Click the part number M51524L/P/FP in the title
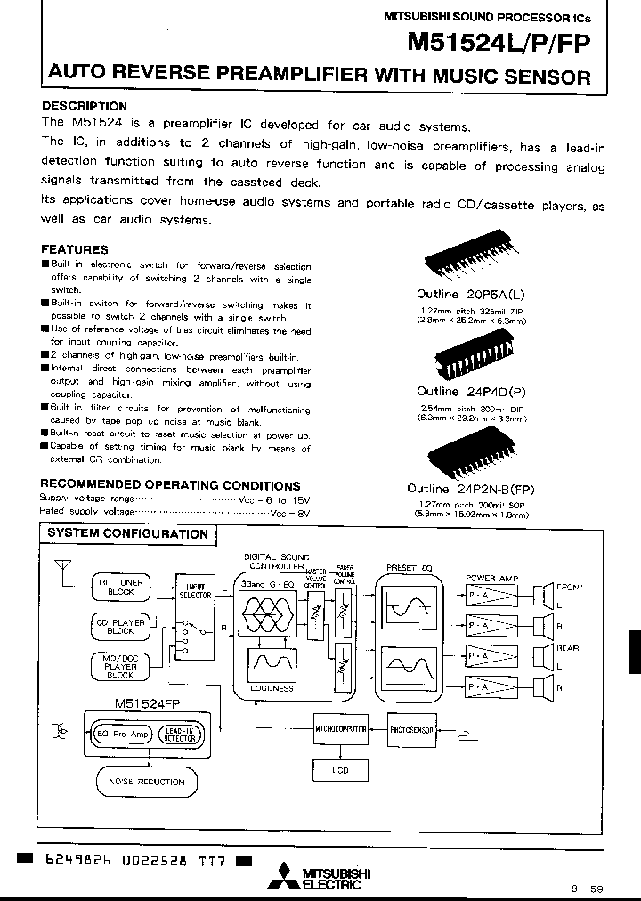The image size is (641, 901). click(498, 45)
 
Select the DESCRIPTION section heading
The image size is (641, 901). click(85, 106)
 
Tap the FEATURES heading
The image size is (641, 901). click(75, 250)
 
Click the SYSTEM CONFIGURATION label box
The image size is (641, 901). click(126, 534)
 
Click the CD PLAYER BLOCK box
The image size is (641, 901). click(120, 627)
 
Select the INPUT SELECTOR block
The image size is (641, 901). click(194, 623)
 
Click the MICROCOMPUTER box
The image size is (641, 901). click(340, 729)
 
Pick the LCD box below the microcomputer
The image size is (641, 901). click(340, 770)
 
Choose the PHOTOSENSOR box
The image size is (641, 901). click(410, 729)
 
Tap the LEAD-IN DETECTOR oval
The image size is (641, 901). click(179, 734)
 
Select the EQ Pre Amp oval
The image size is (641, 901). click(124, 734)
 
